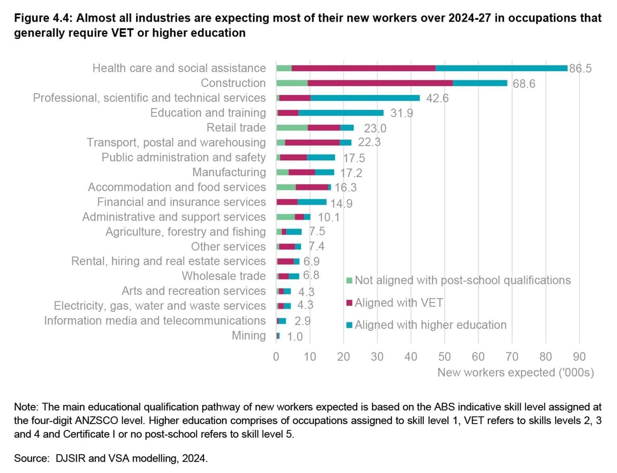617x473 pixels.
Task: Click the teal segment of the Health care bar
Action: tap(501, 68)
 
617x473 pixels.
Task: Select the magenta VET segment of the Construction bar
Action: tap(380, 83)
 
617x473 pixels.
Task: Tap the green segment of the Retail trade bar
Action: tap(292, 128)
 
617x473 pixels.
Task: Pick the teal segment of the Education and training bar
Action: tap(341, 113)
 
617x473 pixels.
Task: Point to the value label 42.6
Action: tap(437, 98)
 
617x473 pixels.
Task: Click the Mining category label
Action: tap(249, 336)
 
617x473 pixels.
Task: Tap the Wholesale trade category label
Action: tap(224, 276)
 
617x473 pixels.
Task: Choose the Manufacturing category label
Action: tap(229, 172)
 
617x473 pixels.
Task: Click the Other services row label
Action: tap(228, 246)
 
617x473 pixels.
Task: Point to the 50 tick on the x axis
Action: tap(444, 356)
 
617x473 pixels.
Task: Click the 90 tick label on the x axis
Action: tap(579, 356)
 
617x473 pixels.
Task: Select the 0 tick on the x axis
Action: tap(276, 356)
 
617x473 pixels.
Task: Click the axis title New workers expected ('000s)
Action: tap(515, 373)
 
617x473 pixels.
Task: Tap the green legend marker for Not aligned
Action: tap(349, 281)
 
